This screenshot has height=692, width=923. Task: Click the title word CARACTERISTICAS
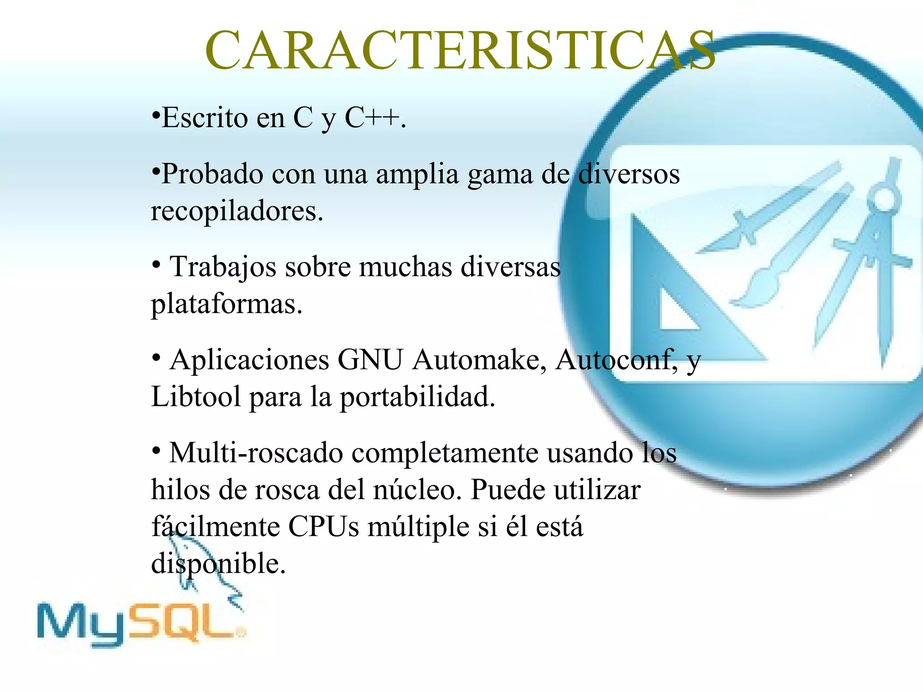pos(460,50)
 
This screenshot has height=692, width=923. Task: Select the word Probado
pos(212,174)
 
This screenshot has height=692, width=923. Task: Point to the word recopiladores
pos(236,211)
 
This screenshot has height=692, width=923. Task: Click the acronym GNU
pos(370,360)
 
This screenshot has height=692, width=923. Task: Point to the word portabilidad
pos(417,397)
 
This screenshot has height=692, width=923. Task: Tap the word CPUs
pos(324,527)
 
